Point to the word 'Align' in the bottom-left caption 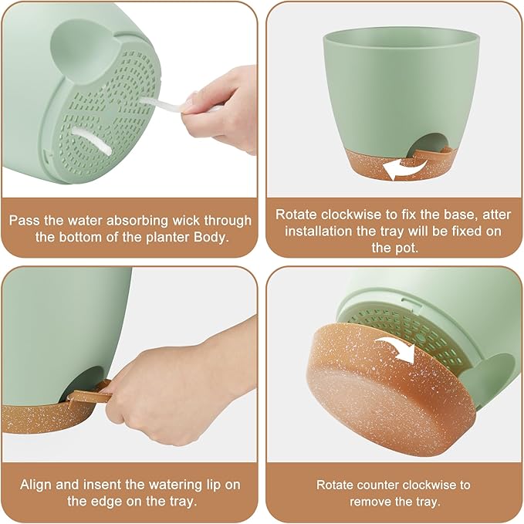tap(36, 484)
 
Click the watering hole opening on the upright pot tap(431, 144)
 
